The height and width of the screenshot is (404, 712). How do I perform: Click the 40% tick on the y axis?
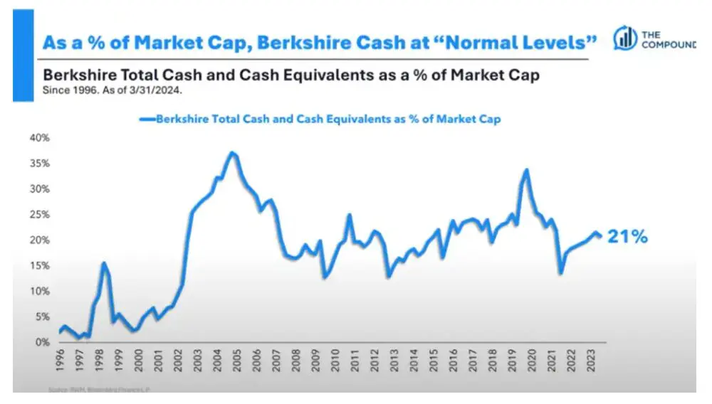(x=38, y=137)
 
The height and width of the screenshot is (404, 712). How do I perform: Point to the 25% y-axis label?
(x=38, y=214)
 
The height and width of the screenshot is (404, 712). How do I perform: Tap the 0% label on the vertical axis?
(x=41, y=342)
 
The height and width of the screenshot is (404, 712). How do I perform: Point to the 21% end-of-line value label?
(x=627, y=238)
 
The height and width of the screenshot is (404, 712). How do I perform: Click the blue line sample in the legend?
(x=147, y=119)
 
